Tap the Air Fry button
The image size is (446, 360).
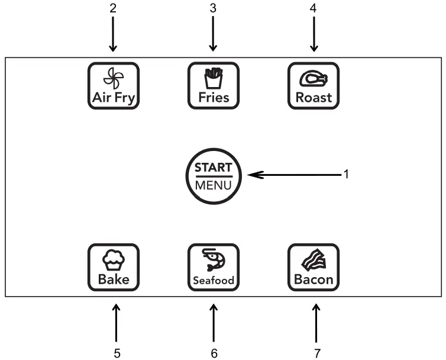[114, 86]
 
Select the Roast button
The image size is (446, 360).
[314, 86]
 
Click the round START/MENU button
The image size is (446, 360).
[214, 175]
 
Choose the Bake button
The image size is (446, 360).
[114, 268]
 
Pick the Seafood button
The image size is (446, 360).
[214, 268]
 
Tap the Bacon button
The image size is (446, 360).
[314, 268]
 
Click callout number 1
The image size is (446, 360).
[348, 174]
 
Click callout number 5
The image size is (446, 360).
[117, 353]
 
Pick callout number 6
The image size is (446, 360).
[214, 353]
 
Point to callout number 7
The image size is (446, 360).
[318, 353]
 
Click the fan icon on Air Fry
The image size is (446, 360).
[114, 78]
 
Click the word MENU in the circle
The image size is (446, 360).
[214, 184]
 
